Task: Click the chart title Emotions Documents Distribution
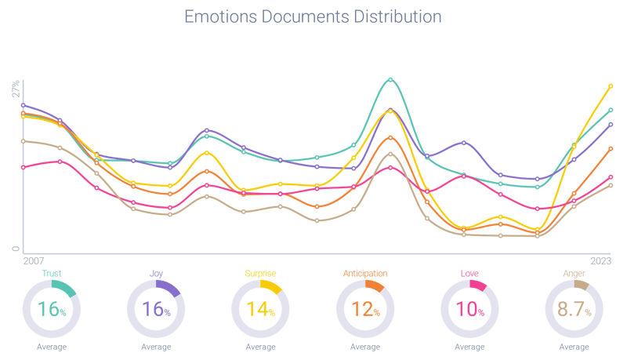(x=312, y=16)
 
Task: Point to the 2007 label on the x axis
(x=34, y=259)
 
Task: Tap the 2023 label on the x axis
(x=600, y=259)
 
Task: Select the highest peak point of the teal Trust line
(x=390, y=79)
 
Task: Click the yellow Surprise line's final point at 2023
(x=611, y=85)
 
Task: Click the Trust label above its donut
(x=52, y=274)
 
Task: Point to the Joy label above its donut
(x=156, y=274)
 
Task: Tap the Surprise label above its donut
(x=261, y=274)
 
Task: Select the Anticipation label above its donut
(x=365, y=274)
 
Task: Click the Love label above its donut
(x=469, y=274)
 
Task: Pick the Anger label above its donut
(x=574, y=274)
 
